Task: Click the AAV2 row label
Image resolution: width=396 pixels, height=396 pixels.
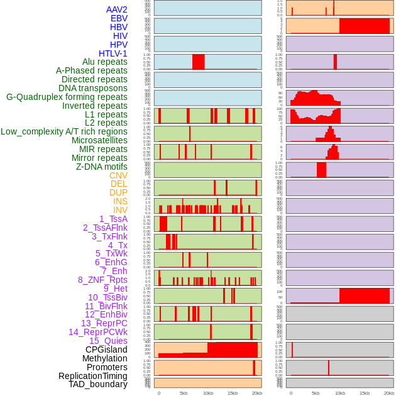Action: [x=116, y=9]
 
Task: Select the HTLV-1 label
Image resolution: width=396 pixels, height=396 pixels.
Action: [x=113, y=53]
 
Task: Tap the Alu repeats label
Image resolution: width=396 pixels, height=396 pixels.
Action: [x=104, y=62]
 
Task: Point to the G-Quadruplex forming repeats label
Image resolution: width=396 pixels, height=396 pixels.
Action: [x=67, y=97]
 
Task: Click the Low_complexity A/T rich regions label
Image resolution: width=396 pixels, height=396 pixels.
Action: [x=64, y=131]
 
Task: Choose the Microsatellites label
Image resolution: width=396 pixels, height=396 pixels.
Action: [x=99, y=140]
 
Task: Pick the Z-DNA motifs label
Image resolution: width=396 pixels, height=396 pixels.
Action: [x=101, y=167]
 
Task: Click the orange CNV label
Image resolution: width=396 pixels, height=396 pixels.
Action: [x=118, y=175]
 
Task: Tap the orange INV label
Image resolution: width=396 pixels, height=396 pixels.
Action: [x=120, y=210]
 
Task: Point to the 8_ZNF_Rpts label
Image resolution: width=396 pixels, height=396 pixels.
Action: [x=102, y=280]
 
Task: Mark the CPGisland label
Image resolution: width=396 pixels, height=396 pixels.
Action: [x=106, y=349]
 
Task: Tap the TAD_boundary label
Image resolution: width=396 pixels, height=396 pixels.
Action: [x=97, y=384]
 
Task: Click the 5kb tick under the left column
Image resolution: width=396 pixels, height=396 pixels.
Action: [x=184, y=393]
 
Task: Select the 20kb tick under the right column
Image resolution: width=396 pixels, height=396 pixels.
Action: [x=389, y=393]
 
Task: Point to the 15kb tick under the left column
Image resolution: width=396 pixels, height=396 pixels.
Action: [x=233, y=393]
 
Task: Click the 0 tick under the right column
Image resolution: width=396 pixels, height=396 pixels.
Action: [x=291, y=393]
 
